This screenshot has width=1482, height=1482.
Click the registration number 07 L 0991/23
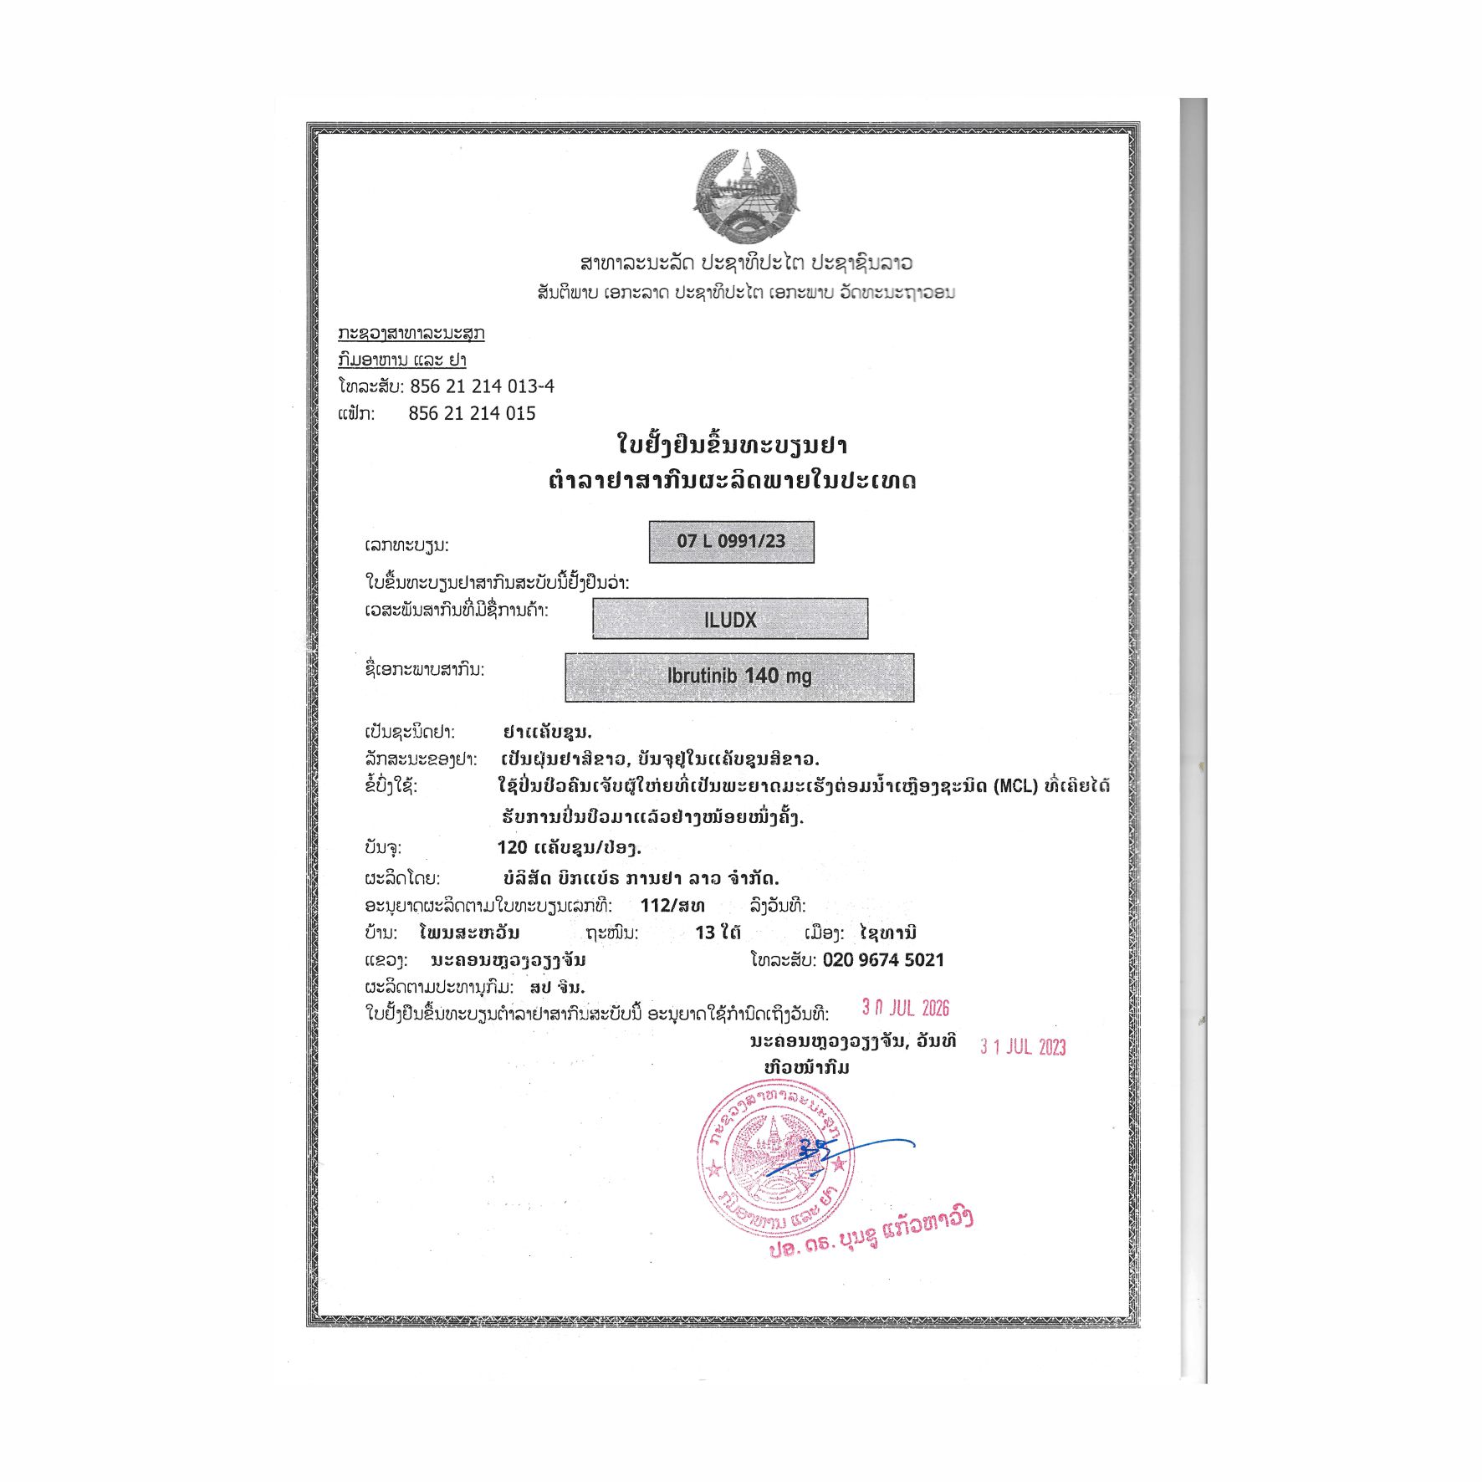click(731, 541)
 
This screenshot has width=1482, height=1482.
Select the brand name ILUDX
click(730, 620)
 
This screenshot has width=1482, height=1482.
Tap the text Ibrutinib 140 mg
click(739, 676)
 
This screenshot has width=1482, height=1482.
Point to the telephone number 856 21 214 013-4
click(482, 386)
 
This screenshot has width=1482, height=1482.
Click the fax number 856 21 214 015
click(472, 413)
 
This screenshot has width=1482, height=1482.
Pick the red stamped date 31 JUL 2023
click(1023, 1046)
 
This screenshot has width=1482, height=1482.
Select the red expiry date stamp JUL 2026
click(906, 1008)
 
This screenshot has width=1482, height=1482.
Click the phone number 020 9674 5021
click(883, 960)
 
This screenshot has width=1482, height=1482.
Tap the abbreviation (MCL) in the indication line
click(1015, 786)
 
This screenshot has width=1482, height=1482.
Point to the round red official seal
click(775, 1158)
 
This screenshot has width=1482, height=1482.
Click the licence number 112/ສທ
click(672, 906)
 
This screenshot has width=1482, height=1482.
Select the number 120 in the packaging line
click(512, 848)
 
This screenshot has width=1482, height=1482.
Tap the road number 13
click(705, 933)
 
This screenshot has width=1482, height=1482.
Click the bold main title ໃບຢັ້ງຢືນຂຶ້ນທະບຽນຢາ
click(732, 445)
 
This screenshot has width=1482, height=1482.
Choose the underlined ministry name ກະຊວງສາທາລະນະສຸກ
click(411, 334)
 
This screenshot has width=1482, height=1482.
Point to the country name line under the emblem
click(746, 263)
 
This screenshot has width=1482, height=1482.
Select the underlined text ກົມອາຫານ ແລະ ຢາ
click(402, 360)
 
